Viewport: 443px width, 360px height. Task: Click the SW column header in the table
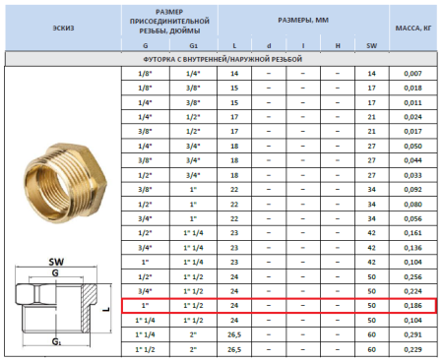click(371, 45)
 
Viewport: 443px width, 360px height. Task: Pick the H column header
click(337, 45)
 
